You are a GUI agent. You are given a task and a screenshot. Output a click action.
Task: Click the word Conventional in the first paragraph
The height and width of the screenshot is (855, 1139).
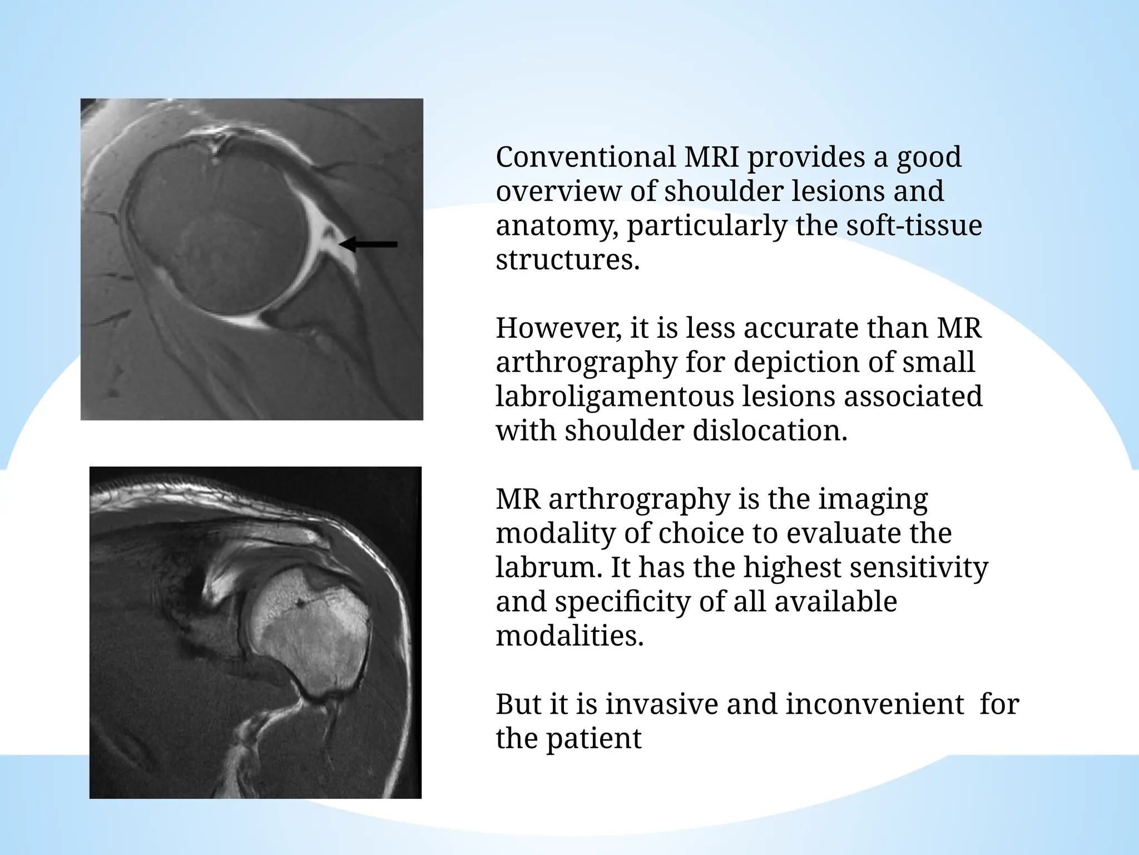[586, 157]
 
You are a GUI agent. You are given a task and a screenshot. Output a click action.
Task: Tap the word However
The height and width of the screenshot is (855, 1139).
[558, 328]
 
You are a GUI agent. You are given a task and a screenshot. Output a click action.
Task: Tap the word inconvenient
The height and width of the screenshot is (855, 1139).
[874, 704]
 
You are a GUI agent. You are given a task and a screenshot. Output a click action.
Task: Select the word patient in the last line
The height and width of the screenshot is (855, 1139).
[593, 739]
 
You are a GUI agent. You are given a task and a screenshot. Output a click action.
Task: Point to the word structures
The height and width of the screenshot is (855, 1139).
[567, 259]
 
